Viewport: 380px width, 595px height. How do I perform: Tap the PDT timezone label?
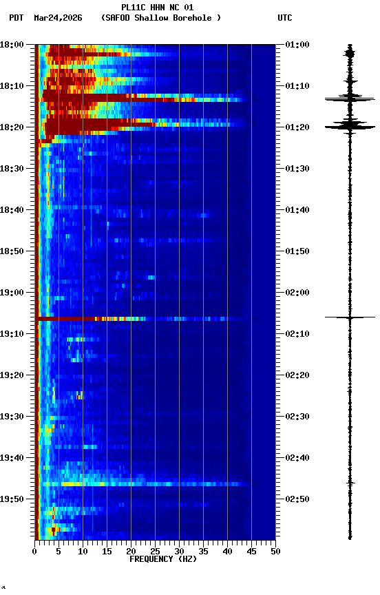(x=17, y=18)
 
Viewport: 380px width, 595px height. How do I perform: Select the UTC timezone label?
(x=285, y=18)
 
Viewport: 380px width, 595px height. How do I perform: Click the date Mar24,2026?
(x=58, y=18)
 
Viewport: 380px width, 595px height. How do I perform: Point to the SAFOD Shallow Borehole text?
(x=161, y=18)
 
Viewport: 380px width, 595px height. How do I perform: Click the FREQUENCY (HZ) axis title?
(x=162, y=559)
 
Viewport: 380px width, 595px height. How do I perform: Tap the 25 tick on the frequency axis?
(x=155, y=552)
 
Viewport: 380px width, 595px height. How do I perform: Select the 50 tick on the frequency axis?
(x=275, y=552)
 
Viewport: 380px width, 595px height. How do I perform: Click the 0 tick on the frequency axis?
(x=34, y=552)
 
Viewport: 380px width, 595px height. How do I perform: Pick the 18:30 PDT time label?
(x=12, y=169)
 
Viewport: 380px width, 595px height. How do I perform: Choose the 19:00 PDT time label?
(x=12, y=293)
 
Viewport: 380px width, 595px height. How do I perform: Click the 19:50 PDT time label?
(x=12, y=499)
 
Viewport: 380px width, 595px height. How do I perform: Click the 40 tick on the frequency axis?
(x=227, y=552)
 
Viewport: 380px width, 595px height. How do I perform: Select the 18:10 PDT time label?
(x=12, y=86)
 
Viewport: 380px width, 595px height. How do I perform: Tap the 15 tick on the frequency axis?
(x=107, y=552)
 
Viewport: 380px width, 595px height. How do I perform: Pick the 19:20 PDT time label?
(x=12, y=375)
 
